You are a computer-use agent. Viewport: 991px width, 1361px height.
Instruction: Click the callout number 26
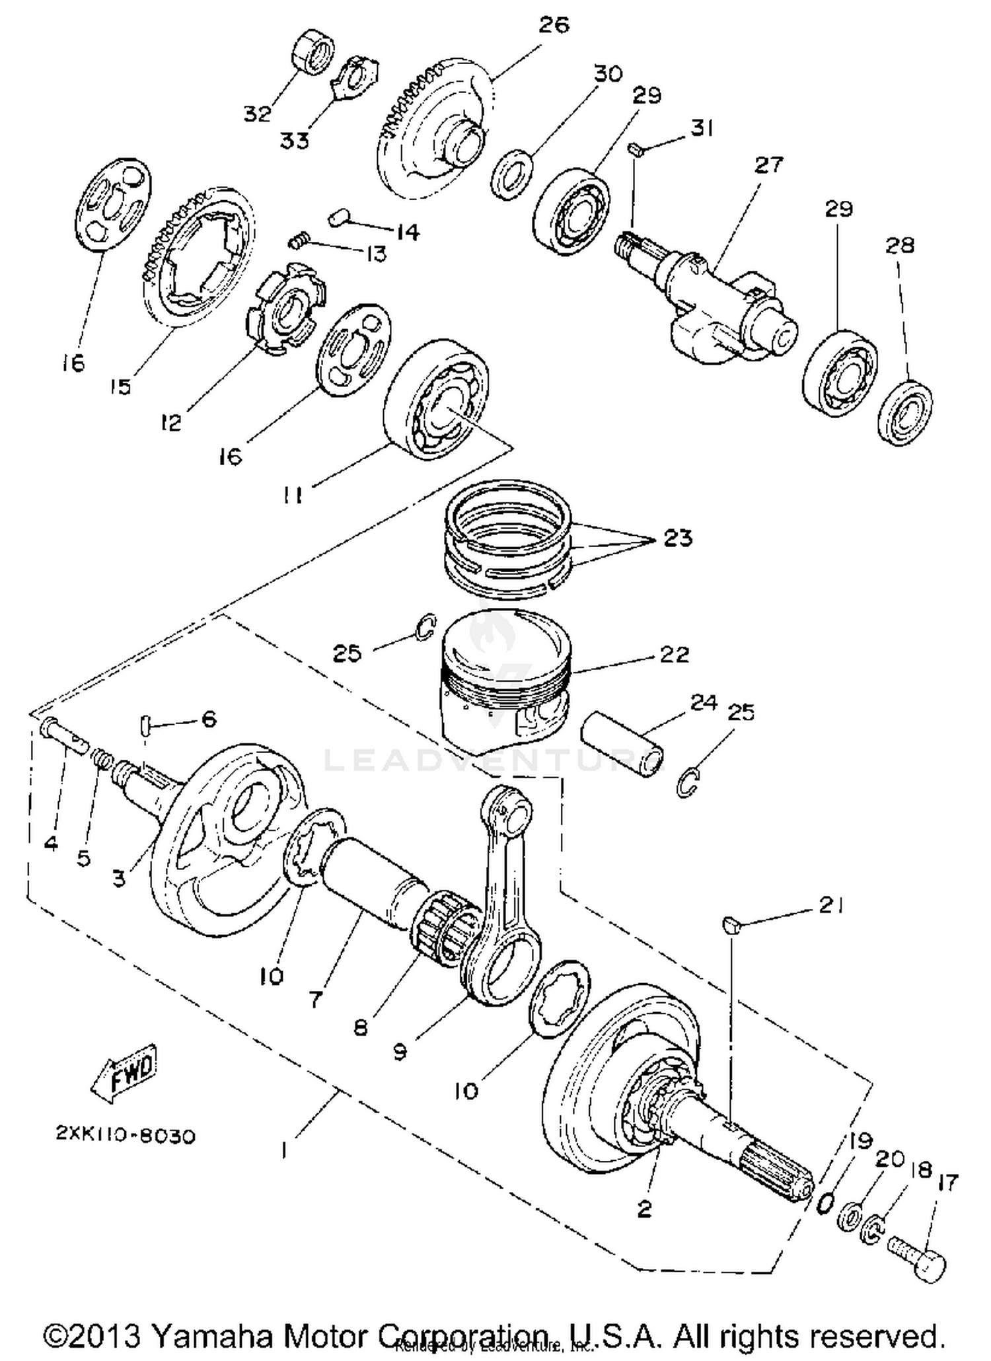coord(554,25)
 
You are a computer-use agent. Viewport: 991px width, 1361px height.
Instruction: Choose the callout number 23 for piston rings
coord(677,538)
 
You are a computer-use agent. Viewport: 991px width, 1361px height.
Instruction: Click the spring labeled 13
coord(299,242)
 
